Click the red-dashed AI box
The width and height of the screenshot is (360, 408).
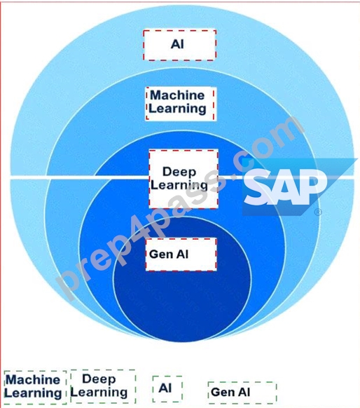pos(179,46)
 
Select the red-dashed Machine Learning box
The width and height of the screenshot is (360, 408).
pos(181,104)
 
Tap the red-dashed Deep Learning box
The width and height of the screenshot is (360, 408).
pos(184,179)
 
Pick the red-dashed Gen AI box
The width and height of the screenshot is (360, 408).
pos(181,254)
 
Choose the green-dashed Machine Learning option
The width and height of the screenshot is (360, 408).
pos(35,387)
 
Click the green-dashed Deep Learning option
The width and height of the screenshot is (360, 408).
pos(103,386)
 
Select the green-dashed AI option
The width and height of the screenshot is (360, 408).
pos(167,389)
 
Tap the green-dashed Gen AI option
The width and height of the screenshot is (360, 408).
pos(242,393)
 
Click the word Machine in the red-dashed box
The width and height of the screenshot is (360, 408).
pos(177,95)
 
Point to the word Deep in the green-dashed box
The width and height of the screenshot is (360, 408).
pos(99,379)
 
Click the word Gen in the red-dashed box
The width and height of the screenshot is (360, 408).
pos(158,254)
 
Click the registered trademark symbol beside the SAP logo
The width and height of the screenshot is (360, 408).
pos(318,212)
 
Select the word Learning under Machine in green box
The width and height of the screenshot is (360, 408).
pos(33,393)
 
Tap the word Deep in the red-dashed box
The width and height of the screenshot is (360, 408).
pos(179,172)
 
